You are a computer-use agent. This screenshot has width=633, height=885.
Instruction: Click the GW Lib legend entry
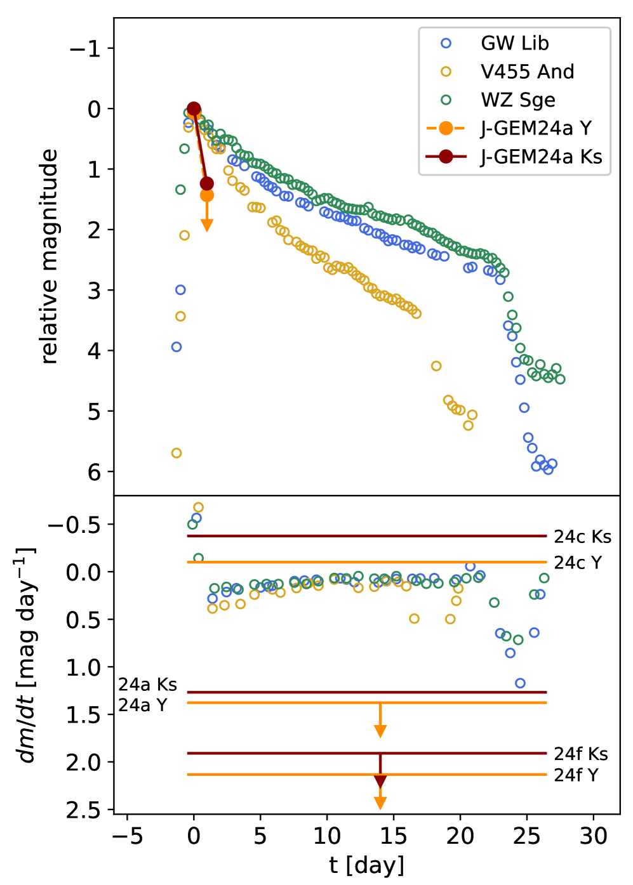pyautogui.click(x=514, y=43)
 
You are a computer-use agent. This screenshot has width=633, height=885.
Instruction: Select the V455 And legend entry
pyautogui.click(x=527, y=72)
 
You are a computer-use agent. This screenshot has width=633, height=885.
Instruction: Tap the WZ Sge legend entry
pyautogui.click(x=517, y=100)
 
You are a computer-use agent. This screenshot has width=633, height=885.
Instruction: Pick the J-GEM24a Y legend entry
pyautogui.click(x=535, y=128)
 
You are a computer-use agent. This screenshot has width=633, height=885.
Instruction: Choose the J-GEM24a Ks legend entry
pyautogui.click(x=540, y=157)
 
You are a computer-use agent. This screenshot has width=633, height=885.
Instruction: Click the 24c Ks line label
pyautogui.click(x=582, y=537)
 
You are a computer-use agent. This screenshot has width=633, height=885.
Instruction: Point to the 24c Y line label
pyautogui.click(x=578, y=563)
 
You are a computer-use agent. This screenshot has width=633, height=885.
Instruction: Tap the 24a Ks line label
pyautogui.click(x=147, y=685)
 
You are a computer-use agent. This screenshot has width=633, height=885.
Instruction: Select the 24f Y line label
pyautogui.click(x=576, y=775)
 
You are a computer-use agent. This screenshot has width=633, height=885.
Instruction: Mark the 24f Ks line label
pyautogui.click(x=581, y=754)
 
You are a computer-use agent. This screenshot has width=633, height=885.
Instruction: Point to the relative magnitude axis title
pyautogui.click(x=50, y=256)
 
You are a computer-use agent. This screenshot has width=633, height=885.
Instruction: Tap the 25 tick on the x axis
pyautogui.click(x=526, y=836)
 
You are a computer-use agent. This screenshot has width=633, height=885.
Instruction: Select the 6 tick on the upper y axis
pyautogui.click(x=94, y=472)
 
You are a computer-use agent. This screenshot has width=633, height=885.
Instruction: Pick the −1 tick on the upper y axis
pyautogui.click(x=86, y=49)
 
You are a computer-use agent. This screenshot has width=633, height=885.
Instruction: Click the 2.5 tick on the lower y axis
pyautogui.click(x=83, y=810)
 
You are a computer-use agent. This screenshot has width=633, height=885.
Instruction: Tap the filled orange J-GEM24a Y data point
pyautogui.click(x=206, y=195)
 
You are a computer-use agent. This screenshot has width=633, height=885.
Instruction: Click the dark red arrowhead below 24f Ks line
pyautogui.click(x=380, y=782)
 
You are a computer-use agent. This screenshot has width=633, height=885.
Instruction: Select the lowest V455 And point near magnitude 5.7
pyautogui.click(x=177, y=453)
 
